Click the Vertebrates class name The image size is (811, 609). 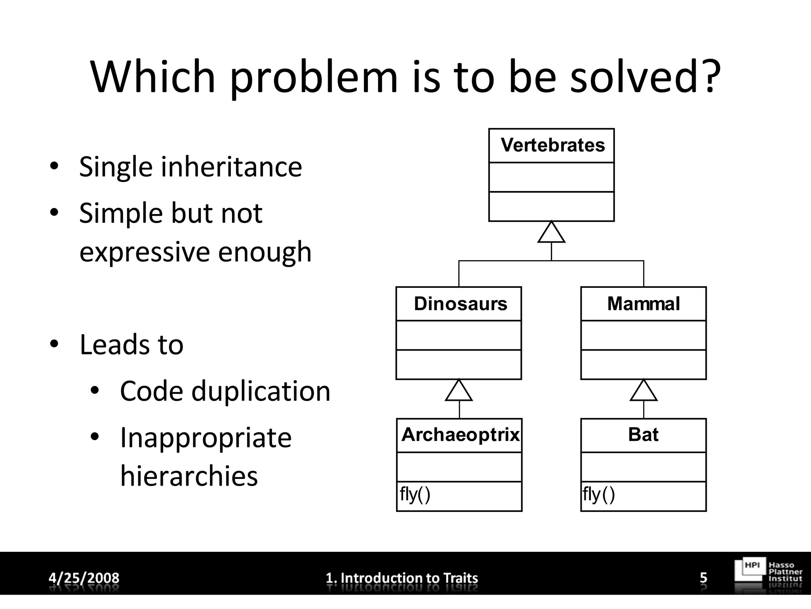(552, 145)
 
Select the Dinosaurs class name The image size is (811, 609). (460, 304)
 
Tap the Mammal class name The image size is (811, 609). (643, 304)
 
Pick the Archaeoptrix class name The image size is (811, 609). (460, 435)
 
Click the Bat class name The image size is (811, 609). (643, 435)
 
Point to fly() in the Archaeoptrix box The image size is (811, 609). (415, 495)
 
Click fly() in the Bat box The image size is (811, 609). (599, 495)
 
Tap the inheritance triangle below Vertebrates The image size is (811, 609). (551, 234)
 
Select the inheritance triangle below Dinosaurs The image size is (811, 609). (459, 391)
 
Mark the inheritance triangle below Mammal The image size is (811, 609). (643, 391)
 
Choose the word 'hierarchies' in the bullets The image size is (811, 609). (189, 475)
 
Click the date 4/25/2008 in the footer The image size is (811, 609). (84, 578)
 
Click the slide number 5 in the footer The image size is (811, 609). (703, 578)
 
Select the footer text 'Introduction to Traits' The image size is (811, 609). (409, 578)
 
